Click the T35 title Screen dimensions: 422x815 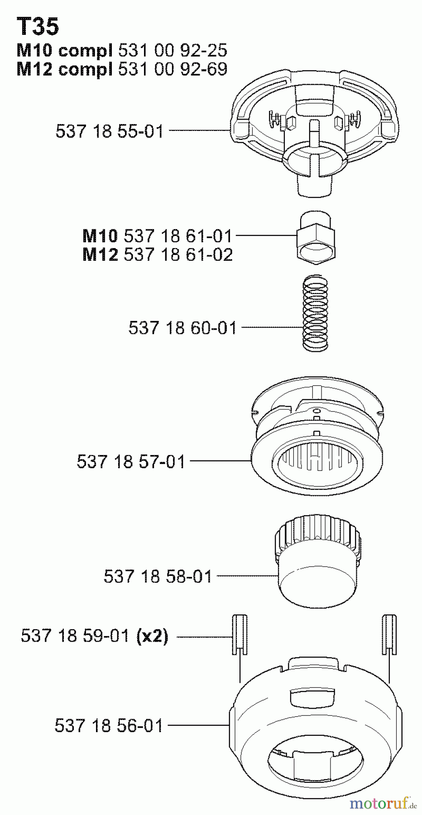38,27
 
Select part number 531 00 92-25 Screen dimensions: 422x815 172,50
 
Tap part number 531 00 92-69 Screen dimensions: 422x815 172,69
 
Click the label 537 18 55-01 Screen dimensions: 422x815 110,131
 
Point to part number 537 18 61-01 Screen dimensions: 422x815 178,236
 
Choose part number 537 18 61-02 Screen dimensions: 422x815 178,255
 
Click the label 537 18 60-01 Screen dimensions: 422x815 182,328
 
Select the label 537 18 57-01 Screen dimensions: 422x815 131,462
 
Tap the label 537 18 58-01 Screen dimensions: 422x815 158,576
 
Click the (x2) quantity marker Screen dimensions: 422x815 152,637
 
